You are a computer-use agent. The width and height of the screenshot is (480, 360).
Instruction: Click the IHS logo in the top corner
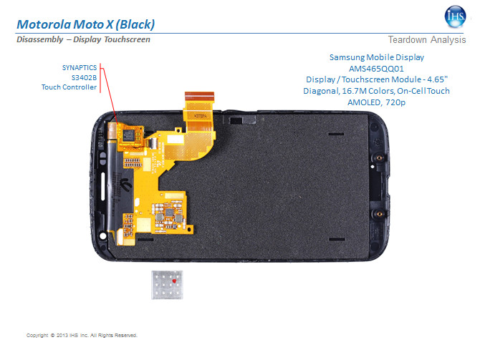(x=453, y=15)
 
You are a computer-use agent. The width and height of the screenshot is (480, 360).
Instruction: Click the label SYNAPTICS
(x=79, y=67)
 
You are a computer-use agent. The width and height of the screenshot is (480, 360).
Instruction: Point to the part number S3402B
(x=84, y=77)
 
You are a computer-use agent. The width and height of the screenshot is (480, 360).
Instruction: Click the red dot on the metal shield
(x=174, y=283)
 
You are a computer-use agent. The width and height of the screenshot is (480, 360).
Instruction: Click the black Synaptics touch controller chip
(x=130, y=135)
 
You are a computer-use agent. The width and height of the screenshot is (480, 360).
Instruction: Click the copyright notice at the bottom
(x=81, y=335)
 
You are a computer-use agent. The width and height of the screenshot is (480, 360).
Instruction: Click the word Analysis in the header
(x=448, y=40)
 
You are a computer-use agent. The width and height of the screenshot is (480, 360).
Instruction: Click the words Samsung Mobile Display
(x=387, y=57)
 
